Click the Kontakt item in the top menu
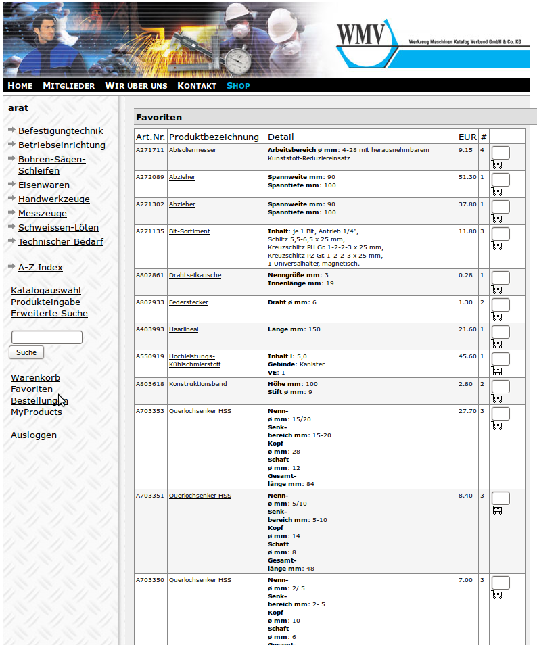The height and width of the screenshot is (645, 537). [x=196, y=86]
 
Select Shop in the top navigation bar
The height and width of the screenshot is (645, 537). [x=238, y=86]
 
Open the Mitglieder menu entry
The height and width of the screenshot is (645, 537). [x=68, y=86]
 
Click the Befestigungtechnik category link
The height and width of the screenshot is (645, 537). [x=60, y=131]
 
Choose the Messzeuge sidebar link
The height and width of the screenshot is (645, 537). [x=43, y=213]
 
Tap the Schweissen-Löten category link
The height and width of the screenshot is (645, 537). [x=58, y=227]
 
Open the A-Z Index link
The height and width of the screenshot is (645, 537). [x=40, y=267]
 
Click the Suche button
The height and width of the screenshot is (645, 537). [x=26, y=352]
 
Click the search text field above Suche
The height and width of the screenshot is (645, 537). [x=47, y=337]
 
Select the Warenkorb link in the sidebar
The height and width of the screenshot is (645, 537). [x=35, y=378]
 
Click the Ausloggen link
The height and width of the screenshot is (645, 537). [x=34, y=435]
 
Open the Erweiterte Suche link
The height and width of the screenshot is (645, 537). [x=49, y=313]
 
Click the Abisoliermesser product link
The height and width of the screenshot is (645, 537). [x=192, y=150]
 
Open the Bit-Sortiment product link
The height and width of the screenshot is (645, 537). [x=189, y=231]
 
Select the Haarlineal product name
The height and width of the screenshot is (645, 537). [x=183, y=329]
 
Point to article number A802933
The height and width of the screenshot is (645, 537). [x=150, y=302]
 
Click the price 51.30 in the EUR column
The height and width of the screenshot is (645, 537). [x=467, y=177]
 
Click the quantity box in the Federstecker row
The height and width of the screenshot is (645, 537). [x=500, y=305]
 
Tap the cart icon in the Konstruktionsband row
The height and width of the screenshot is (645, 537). [x=497, y=398]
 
